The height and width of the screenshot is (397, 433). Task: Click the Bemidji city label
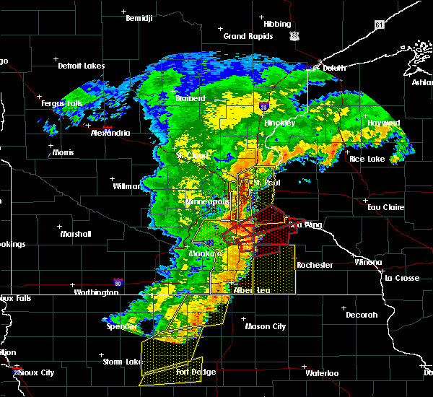139,19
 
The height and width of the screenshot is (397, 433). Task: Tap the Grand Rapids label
248,36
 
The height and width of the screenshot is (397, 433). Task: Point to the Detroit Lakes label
81,66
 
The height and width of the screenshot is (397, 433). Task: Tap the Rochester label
315,265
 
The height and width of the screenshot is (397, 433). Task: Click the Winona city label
368,262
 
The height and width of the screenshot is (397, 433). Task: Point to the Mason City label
265,326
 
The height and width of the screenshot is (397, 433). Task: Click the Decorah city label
361,315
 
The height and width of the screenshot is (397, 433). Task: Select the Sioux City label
37,372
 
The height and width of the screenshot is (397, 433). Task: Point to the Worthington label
96,292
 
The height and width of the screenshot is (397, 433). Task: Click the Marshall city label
75,234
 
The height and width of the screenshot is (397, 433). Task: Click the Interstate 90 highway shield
117,282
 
